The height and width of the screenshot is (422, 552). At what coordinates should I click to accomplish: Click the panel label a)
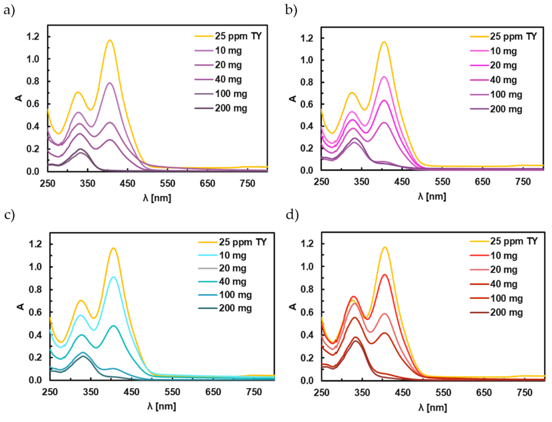click(9, 11)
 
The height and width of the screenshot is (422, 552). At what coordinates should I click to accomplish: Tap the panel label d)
click(292, 215)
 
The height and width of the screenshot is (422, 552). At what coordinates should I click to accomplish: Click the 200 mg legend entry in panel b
click(506, 109)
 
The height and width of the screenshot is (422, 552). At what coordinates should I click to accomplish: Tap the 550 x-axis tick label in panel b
click(442, 182)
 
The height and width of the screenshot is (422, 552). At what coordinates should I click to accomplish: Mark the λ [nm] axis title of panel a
click(157, 198)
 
